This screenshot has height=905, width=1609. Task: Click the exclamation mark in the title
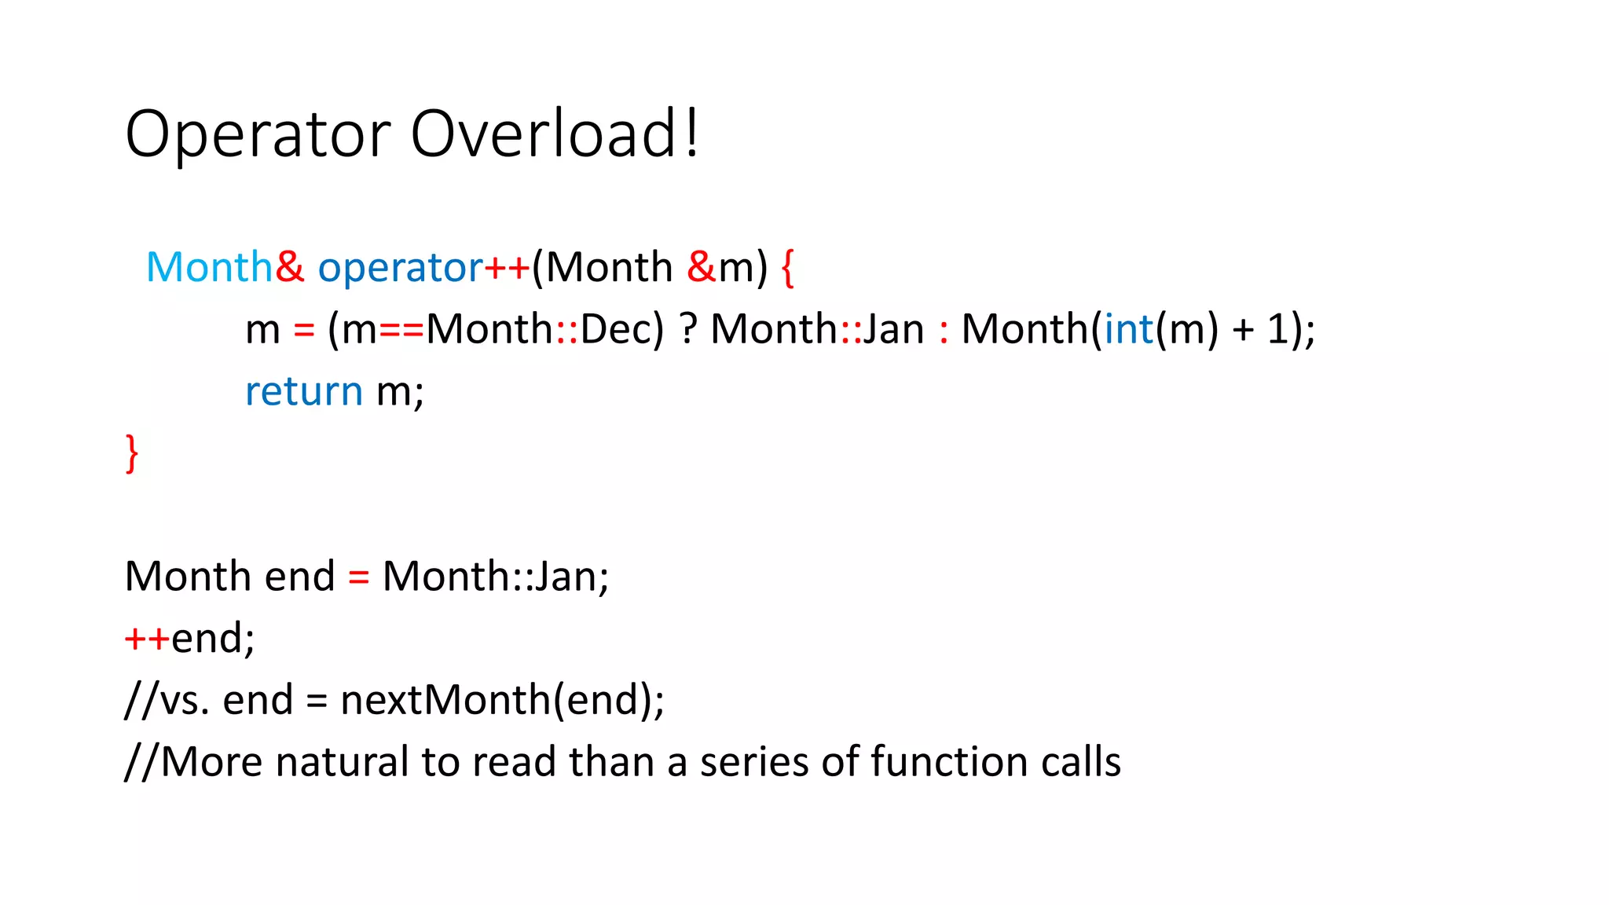point(691,134)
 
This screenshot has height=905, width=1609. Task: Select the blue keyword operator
point(400,268)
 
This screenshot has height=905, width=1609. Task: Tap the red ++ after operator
point(507,268)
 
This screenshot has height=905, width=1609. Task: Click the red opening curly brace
point(788,268)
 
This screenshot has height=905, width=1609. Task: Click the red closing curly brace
point(132,453)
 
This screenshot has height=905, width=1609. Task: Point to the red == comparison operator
point(401,330)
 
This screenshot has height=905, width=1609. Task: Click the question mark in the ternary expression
point(688,329)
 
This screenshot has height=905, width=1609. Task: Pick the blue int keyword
point(1129,329)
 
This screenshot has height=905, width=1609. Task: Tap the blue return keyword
point(304,391)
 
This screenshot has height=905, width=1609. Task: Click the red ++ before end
point(147,638)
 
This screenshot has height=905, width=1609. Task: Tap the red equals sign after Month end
point(358,577)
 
